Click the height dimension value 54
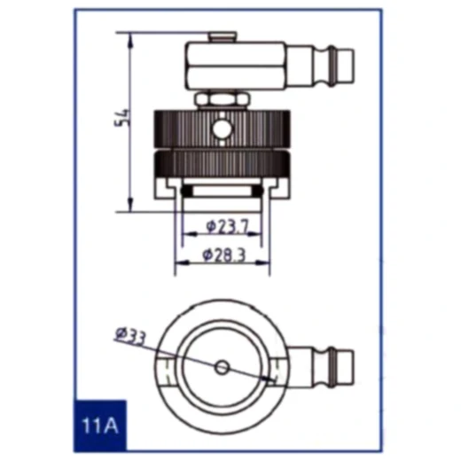pos(122,118)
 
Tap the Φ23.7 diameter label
pos(228,226)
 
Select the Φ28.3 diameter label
pos(224,255)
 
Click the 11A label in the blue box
pos(100,426)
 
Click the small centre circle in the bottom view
pos(222,368)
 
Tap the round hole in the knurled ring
pos(222,129)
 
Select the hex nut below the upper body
pos(221,100)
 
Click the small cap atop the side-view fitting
pos(223,37)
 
